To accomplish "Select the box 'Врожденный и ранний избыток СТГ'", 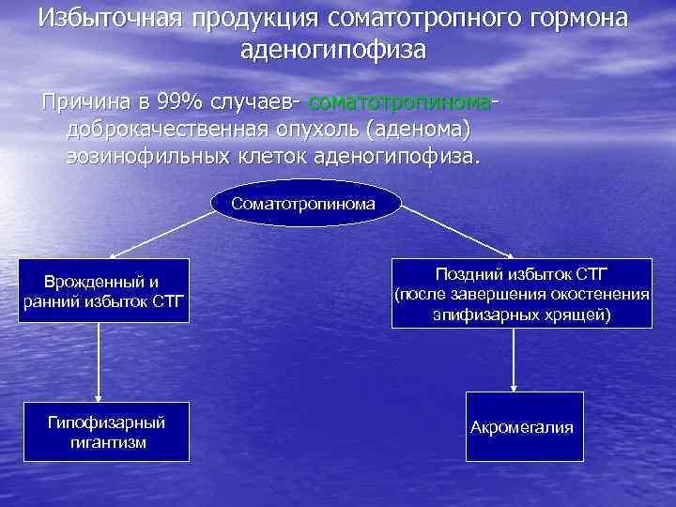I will click(x=103, y=291).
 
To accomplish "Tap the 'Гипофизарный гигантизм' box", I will click(x=107, y=432).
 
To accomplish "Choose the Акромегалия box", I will click(x=521, y=427).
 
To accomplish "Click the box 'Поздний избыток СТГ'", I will click(x=521, y=293).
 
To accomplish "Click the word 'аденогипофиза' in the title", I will click(x=332, y=49).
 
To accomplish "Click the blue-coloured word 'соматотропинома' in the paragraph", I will click(x=399, y=100).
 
